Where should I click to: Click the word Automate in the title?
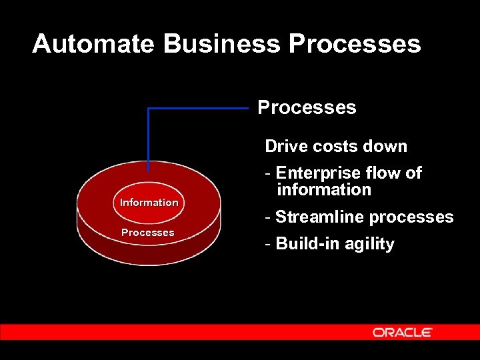[x=94, y=44]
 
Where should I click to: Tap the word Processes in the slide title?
[x=355, y=44]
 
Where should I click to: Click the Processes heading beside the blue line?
[x=307, y=107]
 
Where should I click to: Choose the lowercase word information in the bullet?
[x=324, y=190]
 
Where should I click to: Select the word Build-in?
[x=305, y=244]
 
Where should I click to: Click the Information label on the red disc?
[x=149, y=203]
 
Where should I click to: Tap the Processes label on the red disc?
[x=147, y=233]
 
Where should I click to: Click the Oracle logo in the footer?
[x=403, y=332]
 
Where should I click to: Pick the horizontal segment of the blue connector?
[x=200, y=108]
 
